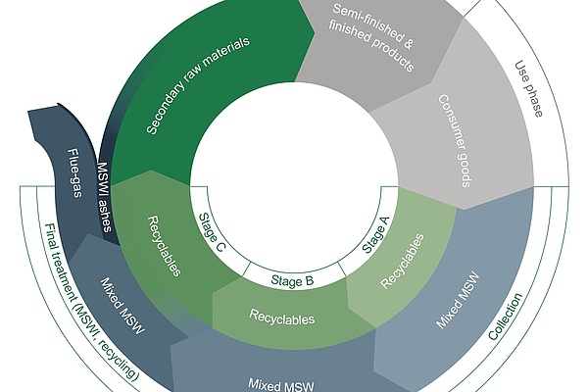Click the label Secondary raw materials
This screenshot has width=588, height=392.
(x=198, y=85)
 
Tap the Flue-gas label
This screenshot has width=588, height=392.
(x=75, y=172)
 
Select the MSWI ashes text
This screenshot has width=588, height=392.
(x=104, y=198)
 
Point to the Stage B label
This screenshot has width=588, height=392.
(x=292, y=280)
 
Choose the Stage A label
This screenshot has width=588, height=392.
(x=375, y=235)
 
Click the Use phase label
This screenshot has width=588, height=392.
(x=529, y=89)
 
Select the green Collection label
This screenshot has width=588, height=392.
(x=505, y=317)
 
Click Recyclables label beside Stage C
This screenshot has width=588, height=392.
(x=165, y=246)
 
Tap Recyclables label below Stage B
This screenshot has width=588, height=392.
(x=282, y=318)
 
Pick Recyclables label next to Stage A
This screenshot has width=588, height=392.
(x=403, y=261)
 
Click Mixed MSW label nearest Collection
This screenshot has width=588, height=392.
(x=458, y=301)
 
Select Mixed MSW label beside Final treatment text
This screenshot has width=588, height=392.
(x=122, y=306)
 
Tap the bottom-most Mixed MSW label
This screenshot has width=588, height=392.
(x=281, y=384)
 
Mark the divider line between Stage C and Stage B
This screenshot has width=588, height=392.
(x=246, y=269)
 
